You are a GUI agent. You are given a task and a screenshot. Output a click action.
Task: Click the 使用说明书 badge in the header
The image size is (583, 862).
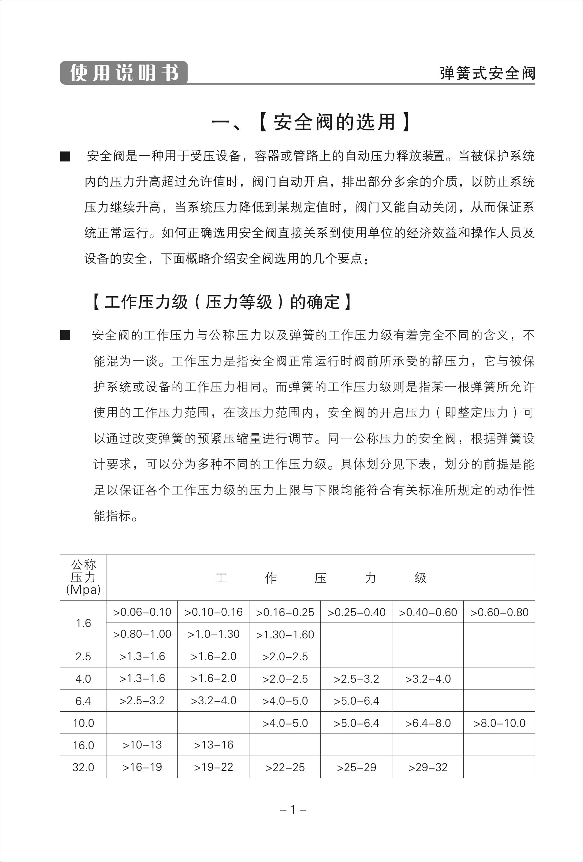(x=124, y=73)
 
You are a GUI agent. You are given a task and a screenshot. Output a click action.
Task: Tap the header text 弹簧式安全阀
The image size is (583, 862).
(x=487, y=73)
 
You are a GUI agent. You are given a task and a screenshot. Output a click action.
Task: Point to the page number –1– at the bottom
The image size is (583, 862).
(x=292, y=810)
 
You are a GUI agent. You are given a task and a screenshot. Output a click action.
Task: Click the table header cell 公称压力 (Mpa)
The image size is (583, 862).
(x=83, y=577)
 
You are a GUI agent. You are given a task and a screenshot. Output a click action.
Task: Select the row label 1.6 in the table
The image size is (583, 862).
(x=83, y=623)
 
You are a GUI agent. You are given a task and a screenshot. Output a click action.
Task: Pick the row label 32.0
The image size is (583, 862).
(x=83, y=767)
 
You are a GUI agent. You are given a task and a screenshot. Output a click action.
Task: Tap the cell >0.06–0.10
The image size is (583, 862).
(x=142, y=612)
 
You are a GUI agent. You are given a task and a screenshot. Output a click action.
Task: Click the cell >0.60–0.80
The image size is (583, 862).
(x=499, y=612)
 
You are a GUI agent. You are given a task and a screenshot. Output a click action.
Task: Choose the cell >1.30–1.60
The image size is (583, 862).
(x=285, y=634)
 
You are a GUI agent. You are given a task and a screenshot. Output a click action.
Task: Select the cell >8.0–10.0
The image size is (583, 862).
(x=499, y=723)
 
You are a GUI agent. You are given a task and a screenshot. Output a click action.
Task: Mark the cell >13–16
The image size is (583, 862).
(x=213, y=745)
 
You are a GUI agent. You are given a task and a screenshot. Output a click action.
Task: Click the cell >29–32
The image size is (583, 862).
(x=428, y=767)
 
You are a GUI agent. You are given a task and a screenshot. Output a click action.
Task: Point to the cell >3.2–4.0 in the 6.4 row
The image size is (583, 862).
(x=213, y=701)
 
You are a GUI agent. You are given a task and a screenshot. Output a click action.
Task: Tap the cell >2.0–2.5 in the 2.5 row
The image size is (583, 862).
(x=285, y=657)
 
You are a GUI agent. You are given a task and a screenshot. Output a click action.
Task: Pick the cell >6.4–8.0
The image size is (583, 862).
(x=428, y=723)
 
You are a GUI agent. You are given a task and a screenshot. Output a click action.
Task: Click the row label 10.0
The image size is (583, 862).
(x=83, y=723)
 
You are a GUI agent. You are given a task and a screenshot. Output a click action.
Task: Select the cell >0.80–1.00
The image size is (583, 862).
(x=142, y=634)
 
